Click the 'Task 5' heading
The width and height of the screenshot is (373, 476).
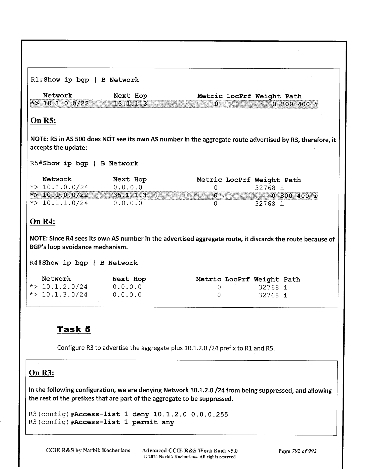pyautogui.click(x=74, y=329)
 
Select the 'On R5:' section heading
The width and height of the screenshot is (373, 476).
pyautogui.click(x=43, y=121)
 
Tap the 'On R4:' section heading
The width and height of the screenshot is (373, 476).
pyautogui.click(x=42, y=221)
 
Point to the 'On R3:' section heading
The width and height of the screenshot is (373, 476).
pyautogui.click(x=42, y=373)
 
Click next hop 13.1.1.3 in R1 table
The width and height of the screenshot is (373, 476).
pyautogui.click(x=130, y=103)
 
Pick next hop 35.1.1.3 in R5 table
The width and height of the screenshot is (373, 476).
pyautogui.click(x=130, y=195)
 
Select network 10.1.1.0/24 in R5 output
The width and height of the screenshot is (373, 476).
pyautogui.click(x=65, y=203)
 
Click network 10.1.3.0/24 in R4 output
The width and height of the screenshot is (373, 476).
pyautogui.click(x=65, y=295)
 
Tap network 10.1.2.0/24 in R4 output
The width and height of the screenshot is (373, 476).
pyautogui.click(x=65, y=287)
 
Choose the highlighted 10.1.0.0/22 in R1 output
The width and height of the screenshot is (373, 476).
pyautogui.click(x=66, y=103)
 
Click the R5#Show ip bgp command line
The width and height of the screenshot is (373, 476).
pyautogui.click(x=84, y=163)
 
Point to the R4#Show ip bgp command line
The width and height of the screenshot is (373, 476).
pyautogui.click(x=84, y=263)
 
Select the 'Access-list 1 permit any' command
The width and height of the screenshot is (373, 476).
pyautogui.click(x=124, y=422)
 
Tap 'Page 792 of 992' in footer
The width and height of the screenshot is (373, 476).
pyautogui.click(x=297, y=451)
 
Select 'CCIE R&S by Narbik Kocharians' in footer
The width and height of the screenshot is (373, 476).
pyautogui.click(x=88, y=450)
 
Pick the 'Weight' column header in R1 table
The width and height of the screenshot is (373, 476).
pyautogui.click(x=268, y=96)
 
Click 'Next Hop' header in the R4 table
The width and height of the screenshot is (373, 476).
pyautogui.click(x=129, y=279)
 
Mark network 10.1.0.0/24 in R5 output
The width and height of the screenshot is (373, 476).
pyautogui.click(x=65, y=187)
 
